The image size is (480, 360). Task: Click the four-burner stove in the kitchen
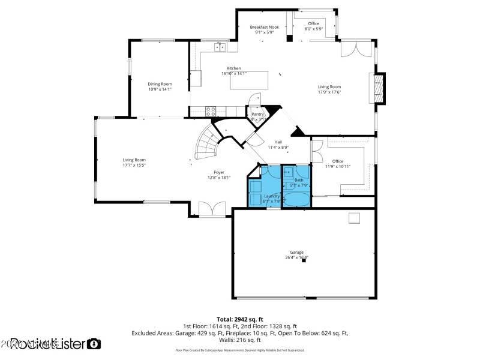click(211, 110)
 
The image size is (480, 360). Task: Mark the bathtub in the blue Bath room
click(297, 199)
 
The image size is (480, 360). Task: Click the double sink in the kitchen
click(220, 46)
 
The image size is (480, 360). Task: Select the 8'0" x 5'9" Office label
click(313, 26)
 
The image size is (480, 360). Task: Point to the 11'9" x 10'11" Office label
click(338, 164)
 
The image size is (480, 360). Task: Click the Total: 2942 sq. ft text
click(240, 319)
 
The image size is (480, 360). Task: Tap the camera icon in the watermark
click(94, 344)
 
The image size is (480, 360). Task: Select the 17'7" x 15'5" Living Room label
click(134, 162)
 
